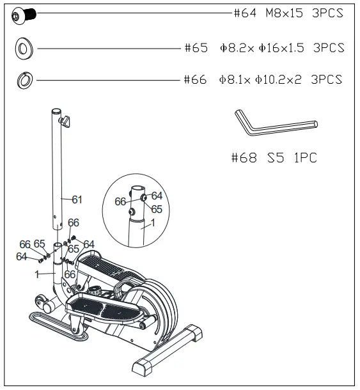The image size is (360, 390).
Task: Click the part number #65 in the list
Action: tap(196, 48)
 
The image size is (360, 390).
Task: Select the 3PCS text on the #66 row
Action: tap(326, 81)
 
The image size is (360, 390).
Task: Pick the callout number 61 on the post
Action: tap(77, 200)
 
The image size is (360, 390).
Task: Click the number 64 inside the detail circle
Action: tap(157, 196)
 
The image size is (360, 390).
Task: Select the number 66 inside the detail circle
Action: tap(120, 201)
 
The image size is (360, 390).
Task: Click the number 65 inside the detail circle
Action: tap(157, 209)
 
